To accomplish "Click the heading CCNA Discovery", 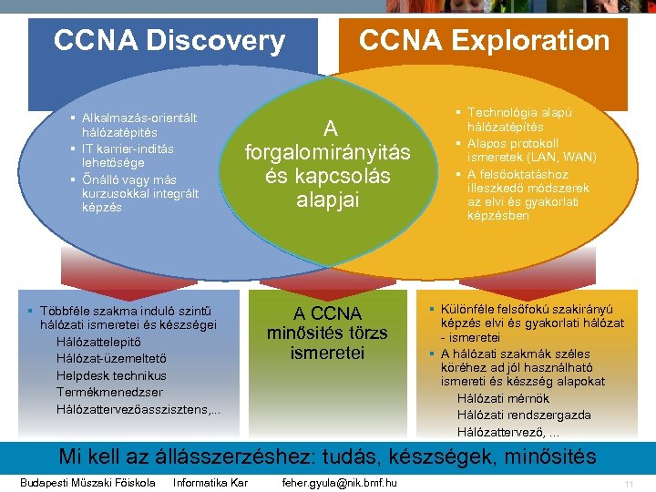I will click(x=169, y=41).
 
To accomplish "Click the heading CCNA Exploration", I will click(x=484, y=41).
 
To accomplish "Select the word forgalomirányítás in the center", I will click(x=328, y=152).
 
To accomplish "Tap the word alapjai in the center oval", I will click(x=328, y=199).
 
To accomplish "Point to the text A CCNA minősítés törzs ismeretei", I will click(x=327, y=333).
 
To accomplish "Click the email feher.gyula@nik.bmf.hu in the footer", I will click(x=340, y=482).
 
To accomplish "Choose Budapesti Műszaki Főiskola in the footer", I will click(x=87, y=482).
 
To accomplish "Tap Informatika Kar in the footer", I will click(x=210, y=482).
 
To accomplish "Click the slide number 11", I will click(x=629, y=484).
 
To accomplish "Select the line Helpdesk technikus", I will click(x=111, y=375).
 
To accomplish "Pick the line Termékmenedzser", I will click(x=109, y=392).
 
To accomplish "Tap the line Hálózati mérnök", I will click(x=504, y=398).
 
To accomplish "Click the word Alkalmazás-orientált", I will click(x=139, y=118).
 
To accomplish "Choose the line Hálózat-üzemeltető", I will click(x=111, y=358).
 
